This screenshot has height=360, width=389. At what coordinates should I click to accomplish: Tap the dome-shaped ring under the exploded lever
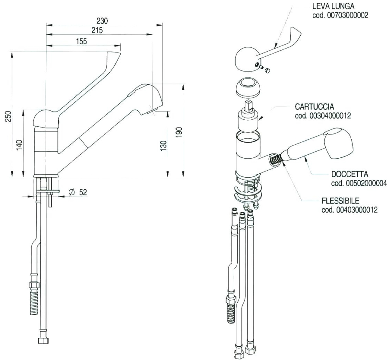point(249,88)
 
